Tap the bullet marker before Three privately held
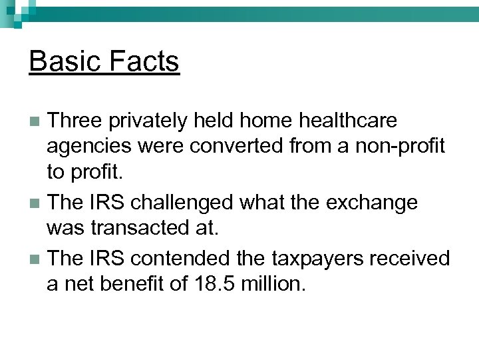[37, 122]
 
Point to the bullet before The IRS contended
[37, 258]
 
